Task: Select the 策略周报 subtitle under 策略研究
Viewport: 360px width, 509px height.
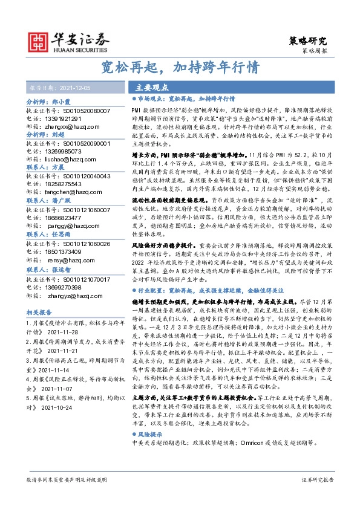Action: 314,52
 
